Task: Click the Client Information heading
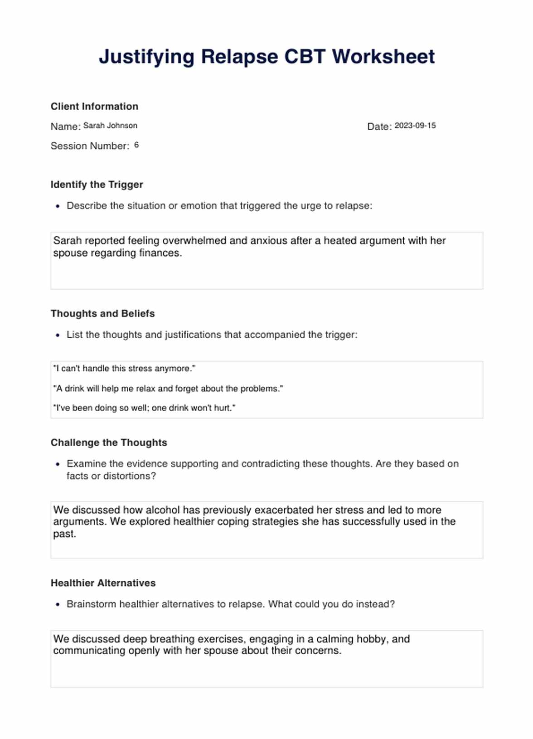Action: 94,107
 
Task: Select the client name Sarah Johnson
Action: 110,126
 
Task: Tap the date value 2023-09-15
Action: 415,126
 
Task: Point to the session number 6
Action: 136,145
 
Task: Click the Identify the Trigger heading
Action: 97,185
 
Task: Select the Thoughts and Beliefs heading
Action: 102,314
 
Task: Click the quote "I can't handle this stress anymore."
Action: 124,369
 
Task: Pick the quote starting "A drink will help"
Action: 168,389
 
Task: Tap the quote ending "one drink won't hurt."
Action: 144,408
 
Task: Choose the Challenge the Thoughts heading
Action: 109,442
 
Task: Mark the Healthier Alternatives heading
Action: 103,583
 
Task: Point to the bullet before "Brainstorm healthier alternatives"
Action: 58,605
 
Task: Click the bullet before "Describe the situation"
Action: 58,206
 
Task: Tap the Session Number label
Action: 90,146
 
